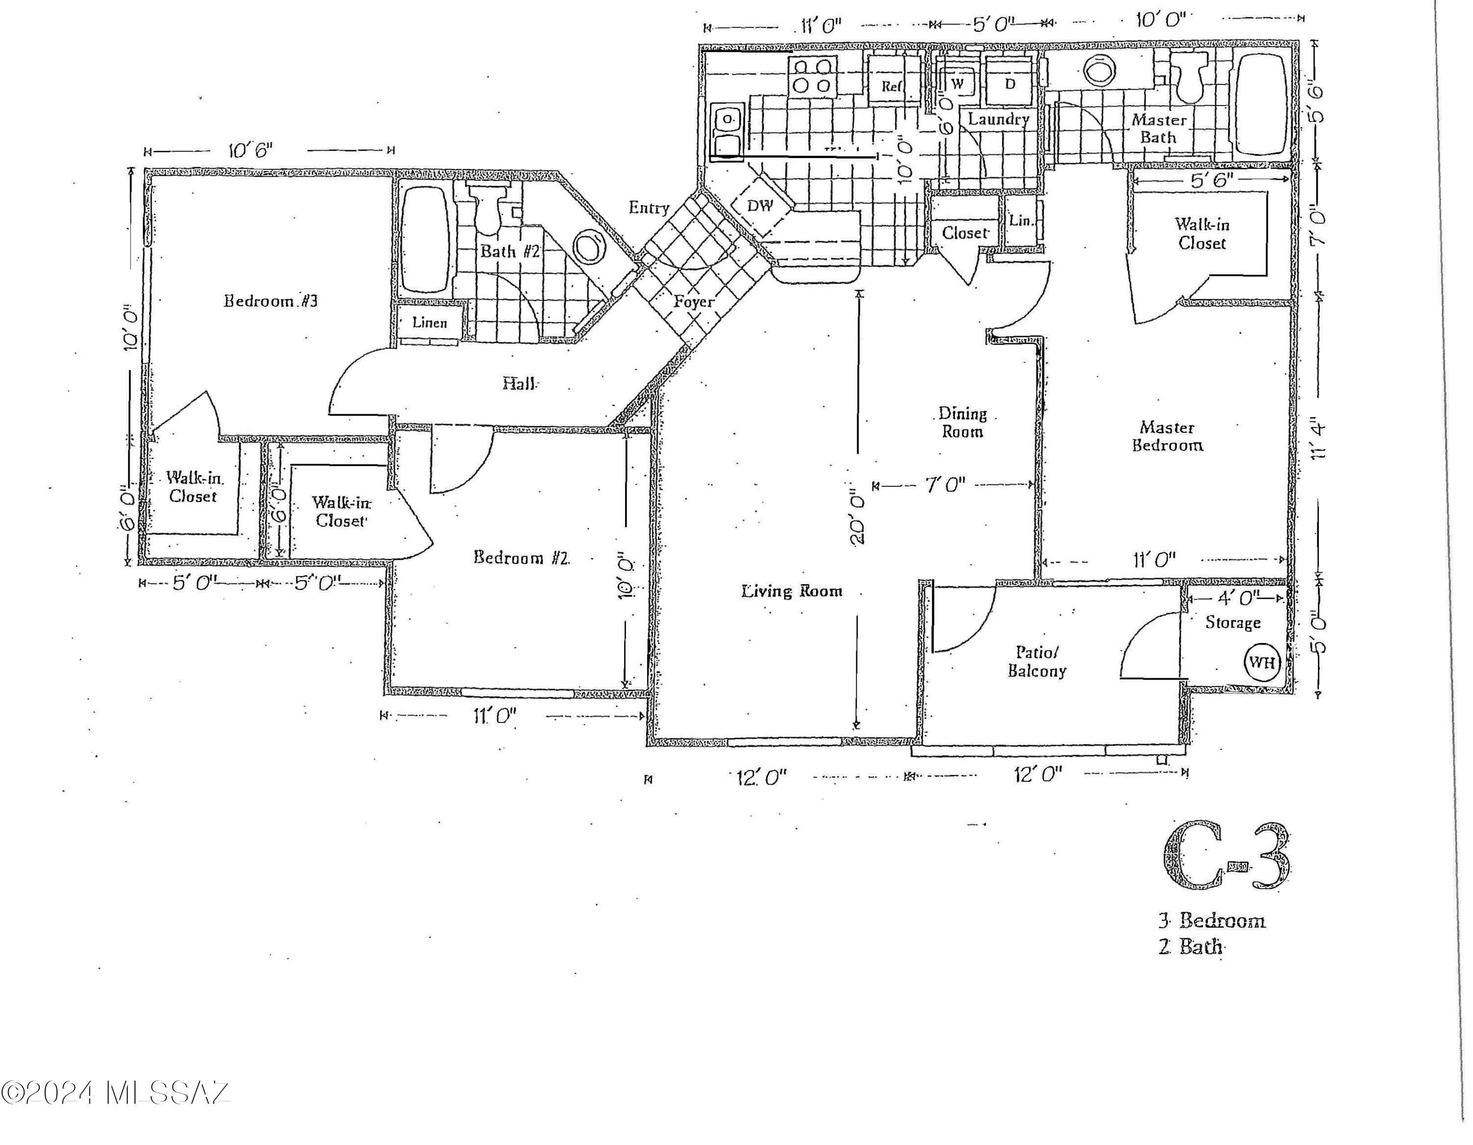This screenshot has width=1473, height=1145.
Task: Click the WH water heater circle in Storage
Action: coord(1261,662)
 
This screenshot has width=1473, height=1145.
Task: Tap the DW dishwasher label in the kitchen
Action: coord(760,205)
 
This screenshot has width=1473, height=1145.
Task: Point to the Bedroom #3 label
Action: coord(271,301)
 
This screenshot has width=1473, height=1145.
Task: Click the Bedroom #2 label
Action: coord(521,557)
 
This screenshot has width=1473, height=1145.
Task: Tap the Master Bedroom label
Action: coord(1167,436)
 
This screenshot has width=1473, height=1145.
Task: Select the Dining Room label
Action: coord(962,422)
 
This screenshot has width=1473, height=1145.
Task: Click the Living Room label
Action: coord(792,591)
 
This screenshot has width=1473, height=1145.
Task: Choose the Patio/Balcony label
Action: coord(1037,662)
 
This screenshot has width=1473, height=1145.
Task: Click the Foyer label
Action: coord(693,302)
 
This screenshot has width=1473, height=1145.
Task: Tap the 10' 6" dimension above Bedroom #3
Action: coord(251,149)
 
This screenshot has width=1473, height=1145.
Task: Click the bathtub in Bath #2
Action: coord(425,240)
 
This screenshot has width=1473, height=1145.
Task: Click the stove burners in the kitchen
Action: coord(812,76)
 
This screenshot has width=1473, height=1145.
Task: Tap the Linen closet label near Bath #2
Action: coord(430,322)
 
